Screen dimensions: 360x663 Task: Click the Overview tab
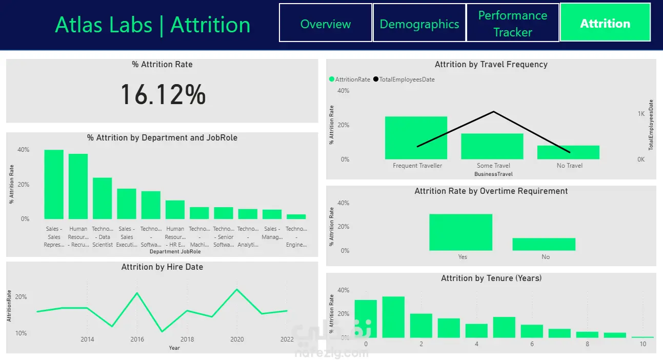[326, 24]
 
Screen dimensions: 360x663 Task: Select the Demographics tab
[419, 24]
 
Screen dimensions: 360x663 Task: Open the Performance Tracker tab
[512, 24]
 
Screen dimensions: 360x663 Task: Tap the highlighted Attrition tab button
[605, 24]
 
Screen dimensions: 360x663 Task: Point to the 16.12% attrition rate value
[163, 95]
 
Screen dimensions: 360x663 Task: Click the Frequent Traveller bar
[416, 138]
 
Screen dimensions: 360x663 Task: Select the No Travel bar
[568, 152]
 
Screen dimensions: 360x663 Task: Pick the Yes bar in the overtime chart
[460, 232]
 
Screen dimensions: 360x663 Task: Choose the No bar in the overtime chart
[544, 244]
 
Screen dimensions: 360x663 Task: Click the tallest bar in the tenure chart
[393, 317]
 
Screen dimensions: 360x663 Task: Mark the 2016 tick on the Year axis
[137, 339]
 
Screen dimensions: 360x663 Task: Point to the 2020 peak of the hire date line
[236, 290]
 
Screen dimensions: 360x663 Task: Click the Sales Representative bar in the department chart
[54, 185]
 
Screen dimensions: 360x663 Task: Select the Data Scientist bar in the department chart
[102, 198]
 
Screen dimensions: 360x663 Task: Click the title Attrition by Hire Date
[162, 267]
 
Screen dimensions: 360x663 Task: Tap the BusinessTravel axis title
[493, 174]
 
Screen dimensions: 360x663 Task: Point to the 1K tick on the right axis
[641, 114]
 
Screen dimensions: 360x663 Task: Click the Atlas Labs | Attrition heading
[153, 25]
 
